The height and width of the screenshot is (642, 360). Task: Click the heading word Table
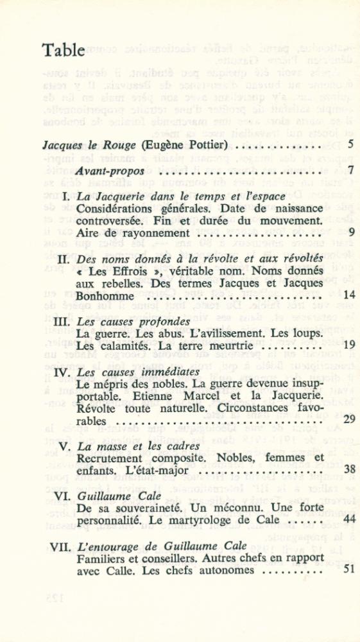click(63, 51)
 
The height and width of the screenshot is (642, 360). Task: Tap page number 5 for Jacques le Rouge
click(351, 144)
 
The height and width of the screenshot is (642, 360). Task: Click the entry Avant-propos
click(109, 171)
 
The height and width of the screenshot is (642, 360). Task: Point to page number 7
click(351, 171)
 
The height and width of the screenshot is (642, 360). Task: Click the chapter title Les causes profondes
click(133, 321)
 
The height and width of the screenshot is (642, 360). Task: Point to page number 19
click(349, 345)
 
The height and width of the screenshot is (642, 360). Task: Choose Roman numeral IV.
click(64, 372)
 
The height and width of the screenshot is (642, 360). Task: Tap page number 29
click(349, 419)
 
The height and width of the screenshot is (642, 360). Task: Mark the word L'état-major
click(158, 471)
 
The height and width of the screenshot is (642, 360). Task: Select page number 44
click(349, 519)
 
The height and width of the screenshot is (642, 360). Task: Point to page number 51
click(349, 569)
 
